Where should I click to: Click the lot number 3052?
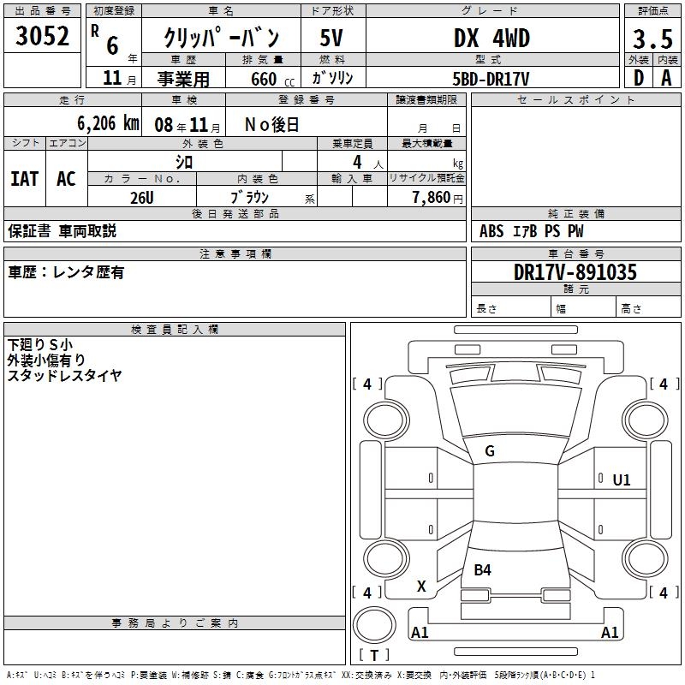click(x=42, y=36)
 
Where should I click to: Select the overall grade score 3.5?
click(x=652, y=39)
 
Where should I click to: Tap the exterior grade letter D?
click(x=639, y=78)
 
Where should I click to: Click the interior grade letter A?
click(x=666, y=78)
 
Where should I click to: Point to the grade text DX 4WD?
click(x=491, y=38)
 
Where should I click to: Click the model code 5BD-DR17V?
click(x=491, y=79)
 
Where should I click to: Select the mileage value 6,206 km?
click(x=108, y=123)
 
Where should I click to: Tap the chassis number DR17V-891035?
click(x=575, y=272)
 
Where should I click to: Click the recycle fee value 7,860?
click(x=432, y=198)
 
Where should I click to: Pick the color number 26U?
click(x=142, y=198)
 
